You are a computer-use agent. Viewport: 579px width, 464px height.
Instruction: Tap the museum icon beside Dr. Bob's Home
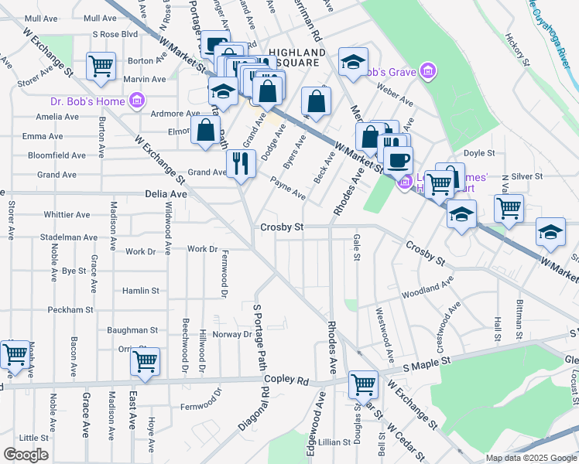click(138, 100)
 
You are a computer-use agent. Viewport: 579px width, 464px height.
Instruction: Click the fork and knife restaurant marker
click(242, 162)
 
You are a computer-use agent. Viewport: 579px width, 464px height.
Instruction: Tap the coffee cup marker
click(399, 161)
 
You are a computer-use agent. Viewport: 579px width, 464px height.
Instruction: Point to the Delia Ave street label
click(166, 195)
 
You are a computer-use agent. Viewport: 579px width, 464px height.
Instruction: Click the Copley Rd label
click(286, 380)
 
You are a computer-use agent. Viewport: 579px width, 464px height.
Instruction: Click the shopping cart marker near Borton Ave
click(101, 66)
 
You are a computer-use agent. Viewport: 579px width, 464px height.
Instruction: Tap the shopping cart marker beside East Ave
click(145, 361)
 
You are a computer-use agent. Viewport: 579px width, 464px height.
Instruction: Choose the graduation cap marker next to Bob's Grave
click(353, 63)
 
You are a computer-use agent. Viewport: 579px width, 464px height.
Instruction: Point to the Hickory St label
click(516, 48)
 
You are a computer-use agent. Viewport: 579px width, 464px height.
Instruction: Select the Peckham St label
click(70, 310)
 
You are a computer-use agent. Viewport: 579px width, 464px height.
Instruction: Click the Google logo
click(26, 455)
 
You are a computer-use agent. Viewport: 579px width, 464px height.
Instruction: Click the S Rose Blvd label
click(115, 34)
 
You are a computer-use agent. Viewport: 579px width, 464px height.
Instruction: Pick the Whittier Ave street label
click(68, 214)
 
